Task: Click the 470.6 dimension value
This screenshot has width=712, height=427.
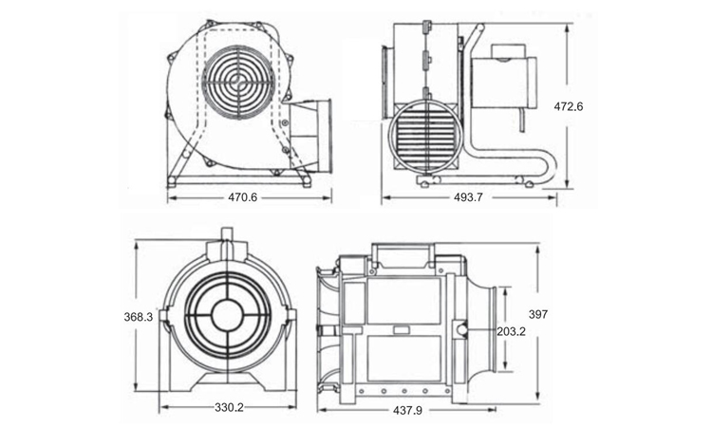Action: click(242, 197)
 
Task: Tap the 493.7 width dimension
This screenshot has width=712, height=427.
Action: click(468, 197)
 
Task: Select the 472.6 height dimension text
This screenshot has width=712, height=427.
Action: click(568, 106)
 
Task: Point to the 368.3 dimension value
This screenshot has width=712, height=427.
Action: click(139, 317)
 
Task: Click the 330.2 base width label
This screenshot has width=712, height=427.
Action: click(229, 407)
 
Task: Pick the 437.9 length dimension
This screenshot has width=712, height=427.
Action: click(407, 410)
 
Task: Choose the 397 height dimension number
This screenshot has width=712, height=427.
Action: click(538, 314)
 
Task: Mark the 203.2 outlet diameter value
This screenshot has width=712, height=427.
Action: click(511, 332)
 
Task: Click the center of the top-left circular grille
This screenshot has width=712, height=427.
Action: click(238, 82)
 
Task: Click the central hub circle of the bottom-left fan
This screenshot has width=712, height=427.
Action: click(228, 316)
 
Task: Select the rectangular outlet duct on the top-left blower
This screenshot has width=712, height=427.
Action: click(309, 136)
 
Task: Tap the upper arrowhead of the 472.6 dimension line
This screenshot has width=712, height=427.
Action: click(567, 29)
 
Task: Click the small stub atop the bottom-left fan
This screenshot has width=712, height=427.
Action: click(227, 234)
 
